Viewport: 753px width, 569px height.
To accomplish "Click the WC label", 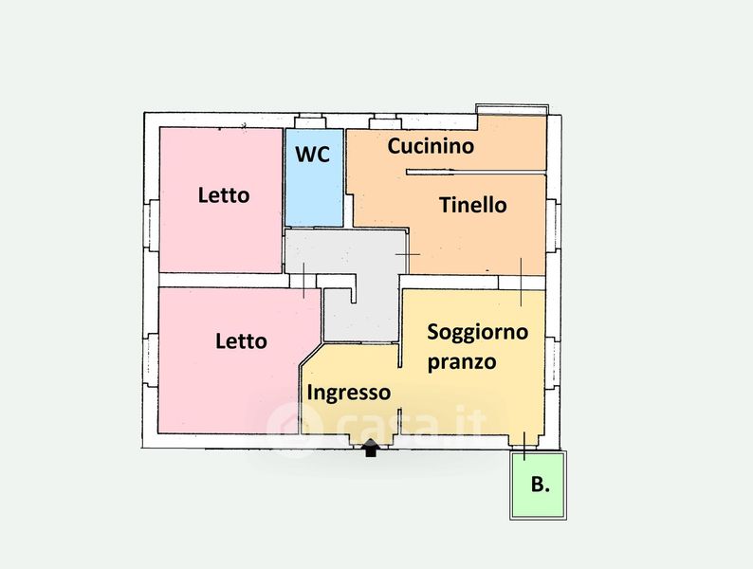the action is [x=313, y=155].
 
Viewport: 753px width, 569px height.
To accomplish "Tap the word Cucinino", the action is [x=431, y=146].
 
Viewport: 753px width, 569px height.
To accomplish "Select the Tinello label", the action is [x=473, y=205].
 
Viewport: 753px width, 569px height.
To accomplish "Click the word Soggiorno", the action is [x=478, y=332].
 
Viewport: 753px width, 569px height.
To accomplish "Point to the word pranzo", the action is [x=462, y=361].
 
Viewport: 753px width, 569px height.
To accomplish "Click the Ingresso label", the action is [x=349, y=393].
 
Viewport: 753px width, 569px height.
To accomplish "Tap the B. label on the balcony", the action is [x=541, y=484].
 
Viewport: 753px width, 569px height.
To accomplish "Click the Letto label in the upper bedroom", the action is [x=224, y=195].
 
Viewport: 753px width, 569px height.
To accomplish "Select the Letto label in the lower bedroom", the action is [x=241, y=341].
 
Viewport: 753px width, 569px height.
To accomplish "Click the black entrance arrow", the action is [x=370, y=448].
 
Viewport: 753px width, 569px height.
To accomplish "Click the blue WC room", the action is [x=314, y=177].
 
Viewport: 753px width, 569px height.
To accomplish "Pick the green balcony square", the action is [x=538, y=485].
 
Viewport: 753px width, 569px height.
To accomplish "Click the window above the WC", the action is [x=310, y=121].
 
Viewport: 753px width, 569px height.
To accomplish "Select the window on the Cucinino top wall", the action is [x=385, y=121].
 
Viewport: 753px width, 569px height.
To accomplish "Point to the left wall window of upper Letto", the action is [x=152, y=225].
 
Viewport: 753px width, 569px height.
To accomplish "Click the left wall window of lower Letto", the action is [x=151, y=360].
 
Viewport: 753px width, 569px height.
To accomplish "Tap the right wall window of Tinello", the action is [x=553, y=225].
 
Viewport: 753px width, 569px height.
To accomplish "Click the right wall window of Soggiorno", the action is [x=552, y=362].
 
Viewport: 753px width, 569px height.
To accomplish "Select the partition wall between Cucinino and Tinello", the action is [x=476, y=172].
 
